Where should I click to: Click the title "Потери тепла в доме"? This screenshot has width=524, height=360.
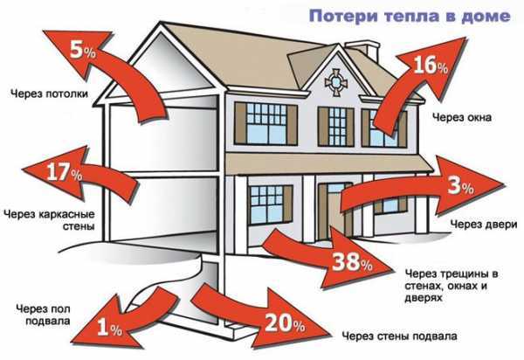pyautogui.click(x=410, y=16)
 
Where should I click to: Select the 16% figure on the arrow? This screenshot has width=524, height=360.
pyautogui.click(x=431, y=65)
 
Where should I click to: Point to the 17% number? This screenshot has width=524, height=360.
pyautogui.click(x=64, y=172)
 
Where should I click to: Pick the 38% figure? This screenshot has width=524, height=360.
pyautogui.click(x=352, y=262)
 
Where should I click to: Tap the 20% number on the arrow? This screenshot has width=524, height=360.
pyautogui.click(x=285, y=323)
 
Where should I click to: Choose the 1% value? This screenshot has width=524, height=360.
pyautogui.click(x=109, y=327)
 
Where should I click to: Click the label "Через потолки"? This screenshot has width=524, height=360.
pyautogui.click(x=50, y=93)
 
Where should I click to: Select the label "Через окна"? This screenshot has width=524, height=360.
pyautogui.click(x=462, y=117)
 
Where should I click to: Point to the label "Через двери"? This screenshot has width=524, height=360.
pyautogui.click(x=484, y=225)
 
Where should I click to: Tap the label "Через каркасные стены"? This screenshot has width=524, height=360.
pyautogui.click(x=50, y=220)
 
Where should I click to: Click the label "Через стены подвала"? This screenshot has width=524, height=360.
pyautogui.click(x=399, y=336)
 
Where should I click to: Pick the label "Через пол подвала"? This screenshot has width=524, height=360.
pyautogui.click(x=44, y=315)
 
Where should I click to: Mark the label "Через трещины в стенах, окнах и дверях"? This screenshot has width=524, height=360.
pyautogui.click(x=452, y=286)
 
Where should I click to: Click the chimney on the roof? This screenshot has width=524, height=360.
pyautogui.click(x=364, y=49)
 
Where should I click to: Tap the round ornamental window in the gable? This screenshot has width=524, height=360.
pyautogui.click(x=335, y=82)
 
